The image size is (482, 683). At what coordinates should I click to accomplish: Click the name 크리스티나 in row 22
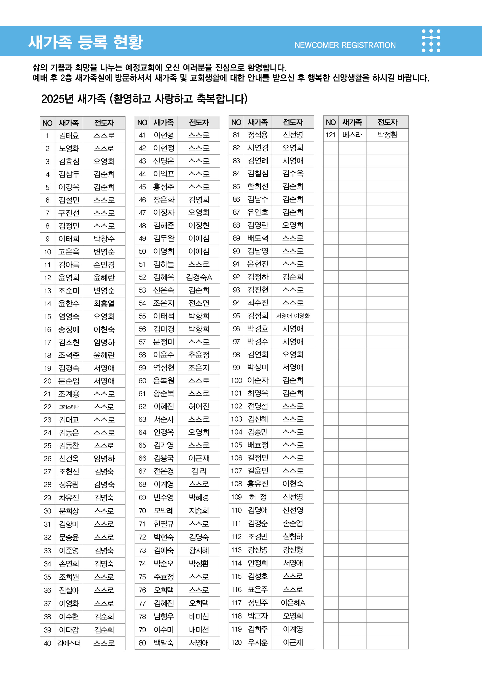(69, 407)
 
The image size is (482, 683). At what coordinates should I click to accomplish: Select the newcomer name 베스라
(352, 135)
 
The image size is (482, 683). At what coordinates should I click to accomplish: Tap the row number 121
(330, 135)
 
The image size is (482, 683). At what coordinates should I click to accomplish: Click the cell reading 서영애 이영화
(293, 316)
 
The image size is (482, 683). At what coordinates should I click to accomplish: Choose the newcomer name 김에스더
(69, 643)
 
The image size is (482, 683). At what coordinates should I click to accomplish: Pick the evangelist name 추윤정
(199, 355)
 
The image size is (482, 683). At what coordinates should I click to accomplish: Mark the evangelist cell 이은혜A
(293, 603)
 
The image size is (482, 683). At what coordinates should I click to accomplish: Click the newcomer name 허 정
(258, 497)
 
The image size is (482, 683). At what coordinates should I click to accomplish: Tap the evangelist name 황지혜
(199, 550)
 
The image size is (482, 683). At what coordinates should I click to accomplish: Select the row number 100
(237, 380)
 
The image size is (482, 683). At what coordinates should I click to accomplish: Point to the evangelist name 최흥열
(104, 304)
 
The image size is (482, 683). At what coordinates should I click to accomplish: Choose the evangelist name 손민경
(104, 265)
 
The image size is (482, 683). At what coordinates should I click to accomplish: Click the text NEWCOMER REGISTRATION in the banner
(345, 45)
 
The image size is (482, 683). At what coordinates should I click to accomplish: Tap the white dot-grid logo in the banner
(431, 41)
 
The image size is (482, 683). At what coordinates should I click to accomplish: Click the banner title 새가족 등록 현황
(86, 42)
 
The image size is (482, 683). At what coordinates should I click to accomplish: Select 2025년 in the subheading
(57, 99)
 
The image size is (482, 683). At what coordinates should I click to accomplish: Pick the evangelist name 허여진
(199, 406)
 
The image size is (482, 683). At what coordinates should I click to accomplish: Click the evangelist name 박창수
(104, 239)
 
